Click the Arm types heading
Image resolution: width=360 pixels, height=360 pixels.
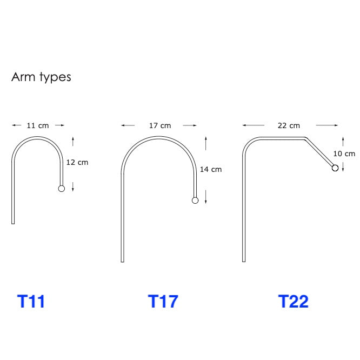41,77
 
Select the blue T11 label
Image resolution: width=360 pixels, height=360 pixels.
31,301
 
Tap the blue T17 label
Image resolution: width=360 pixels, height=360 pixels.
163,301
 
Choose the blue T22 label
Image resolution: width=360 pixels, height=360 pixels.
293,301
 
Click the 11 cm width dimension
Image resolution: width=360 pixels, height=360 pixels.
38,125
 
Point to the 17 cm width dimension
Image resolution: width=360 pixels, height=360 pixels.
160,125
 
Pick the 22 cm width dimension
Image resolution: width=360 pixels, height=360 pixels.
289,125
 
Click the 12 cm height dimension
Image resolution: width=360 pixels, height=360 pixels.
77,162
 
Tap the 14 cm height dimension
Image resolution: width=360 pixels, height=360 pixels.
211,169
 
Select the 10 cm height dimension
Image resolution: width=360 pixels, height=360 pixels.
344,154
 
